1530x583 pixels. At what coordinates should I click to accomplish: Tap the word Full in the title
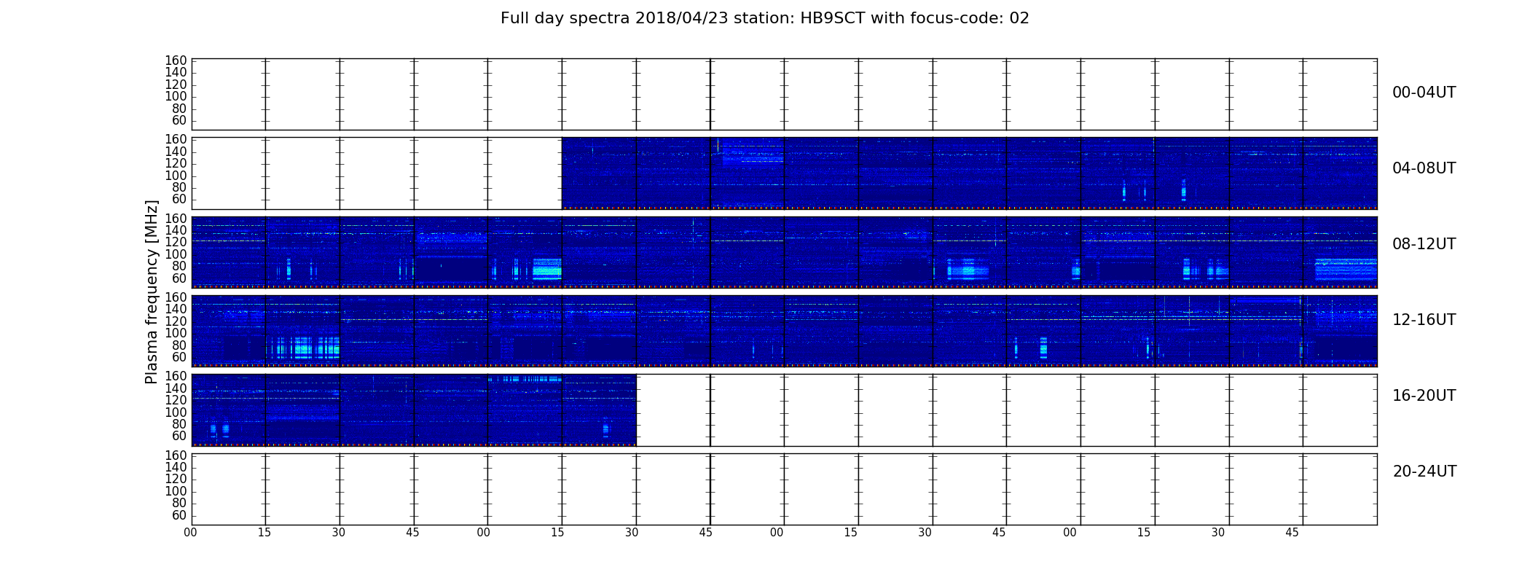514,18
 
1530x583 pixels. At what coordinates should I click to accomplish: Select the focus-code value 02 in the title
1019,18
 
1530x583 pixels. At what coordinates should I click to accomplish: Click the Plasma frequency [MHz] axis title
152,291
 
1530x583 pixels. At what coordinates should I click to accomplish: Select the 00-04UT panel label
1424,93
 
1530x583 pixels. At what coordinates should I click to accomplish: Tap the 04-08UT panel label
1424,168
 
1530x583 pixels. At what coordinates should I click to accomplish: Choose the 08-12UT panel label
1424,244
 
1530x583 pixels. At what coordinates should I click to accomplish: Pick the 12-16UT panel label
1424,320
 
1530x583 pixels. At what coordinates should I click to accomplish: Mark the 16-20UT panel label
1424,396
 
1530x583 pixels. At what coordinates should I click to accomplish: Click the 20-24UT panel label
1424,472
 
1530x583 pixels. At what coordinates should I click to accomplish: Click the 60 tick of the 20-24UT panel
179,515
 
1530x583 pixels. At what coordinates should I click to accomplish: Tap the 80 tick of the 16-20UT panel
179,424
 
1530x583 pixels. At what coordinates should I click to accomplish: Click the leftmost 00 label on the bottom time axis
191,533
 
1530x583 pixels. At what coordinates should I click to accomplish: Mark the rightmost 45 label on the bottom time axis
1292,533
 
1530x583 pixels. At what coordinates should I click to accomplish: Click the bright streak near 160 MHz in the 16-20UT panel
525,379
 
